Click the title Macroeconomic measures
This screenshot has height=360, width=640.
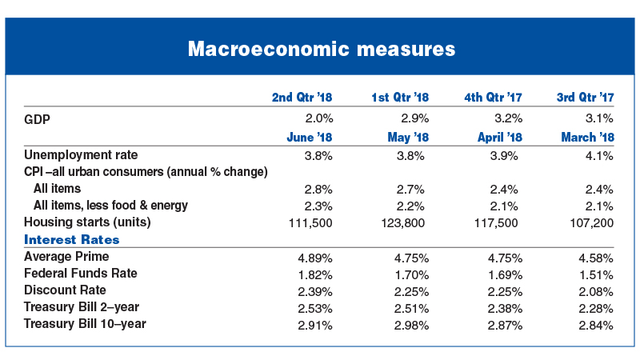(x=322, y=49)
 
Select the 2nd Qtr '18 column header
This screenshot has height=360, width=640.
(x=302, y=97)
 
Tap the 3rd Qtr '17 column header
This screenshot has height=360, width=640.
(x=586, y=97)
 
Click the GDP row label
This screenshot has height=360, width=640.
(x=37, y=119)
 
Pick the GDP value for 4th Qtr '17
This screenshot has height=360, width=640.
(x=509, y=118)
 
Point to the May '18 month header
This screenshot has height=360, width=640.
(x=408, y=137)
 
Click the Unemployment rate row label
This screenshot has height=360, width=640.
(x=81, y=155)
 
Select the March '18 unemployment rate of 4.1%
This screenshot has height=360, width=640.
(x=599, y=156)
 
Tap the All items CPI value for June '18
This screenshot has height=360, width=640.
(x=318, y=190)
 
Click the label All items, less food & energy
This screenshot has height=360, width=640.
(x=110, y=205)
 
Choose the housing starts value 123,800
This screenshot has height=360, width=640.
(x=403, y=223)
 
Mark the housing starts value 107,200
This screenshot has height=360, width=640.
(x=592, y=223)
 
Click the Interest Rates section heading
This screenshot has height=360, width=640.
(x=72, y=239)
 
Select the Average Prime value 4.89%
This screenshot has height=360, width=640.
(x=315, y=258)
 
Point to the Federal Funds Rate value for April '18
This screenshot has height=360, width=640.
(x=506, y=275)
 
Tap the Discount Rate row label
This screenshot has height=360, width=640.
(x=65, y=290)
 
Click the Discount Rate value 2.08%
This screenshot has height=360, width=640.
(x=596, y=292)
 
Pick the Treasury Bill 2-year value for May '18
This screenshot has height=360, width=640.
(x=411, y=309)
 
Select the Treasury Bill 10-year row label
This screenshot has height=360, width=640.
(x=85, y=323)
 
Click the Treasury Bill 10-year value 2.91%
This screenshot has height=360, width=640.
(x=315, y=326)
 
